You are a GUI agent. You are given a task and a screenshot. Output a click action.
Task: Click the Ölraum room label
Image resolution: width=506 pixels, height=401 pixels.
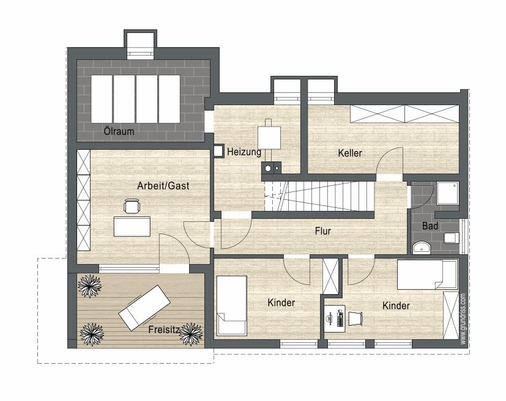(119, 131)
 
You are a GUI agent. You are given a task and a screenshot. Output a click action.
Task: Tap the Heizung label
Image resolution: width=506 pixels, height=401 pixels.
(244, 152)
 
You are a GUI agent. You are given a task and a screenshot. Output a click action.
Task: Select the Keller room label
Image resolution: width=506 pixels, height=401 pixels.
(350, 153)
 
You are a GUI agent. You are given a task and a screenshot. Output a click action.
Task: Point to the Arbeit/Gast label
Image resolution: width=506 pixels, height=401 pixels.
(163, 186)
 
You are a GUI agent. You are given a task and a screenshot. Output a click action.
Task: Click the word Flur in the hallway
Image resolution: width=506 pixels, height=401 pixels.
(322, 231)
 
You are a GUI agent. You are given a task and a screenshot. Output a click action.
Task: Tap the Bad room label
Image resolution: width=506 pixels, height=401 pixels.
(430, 226)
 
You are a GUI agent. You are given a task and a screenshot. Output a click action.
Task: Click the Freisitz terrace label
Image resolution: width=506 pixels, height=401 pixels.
(164, 329)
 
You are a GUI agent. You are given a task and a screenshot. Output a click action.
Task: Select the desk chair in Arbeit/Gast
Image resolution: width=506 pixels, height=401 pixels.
(132, 206)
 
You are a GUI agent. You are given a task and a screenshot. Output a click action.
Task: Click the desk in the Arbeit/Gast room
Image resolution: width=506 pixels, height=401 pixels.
(132, 226)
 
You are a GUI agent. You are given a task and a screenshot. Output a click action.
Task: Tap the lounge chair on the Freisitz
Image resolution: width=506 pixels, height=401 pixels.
(144, 308)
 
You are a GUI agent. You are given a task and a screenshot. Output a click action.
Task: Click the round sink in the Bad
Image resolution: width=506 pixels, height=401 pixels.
(422, 247)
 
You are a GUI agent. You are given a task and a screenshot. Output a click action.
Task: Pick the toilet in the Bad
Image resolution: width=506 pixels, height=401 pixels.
(452, 238)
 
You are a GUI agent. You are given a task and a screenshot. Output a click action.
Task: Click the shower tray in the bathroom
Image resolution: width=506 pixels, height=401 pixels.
(448, 193)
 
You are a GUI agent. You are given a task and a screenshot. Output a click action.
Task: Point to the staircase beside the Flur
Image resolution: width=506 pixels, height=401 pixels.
(319, 196)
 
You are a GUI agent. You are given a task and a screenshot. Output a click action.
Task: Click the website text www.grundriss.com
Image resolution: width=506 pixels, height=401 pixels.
(463, 318)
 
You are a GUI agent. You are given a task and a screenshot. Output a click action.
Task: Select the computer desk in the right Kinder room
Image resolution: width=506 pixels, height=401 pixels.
(335, 318)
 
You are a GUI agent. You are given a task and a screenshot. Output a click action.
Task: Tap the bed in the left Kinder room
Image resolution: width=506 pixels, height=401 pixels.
(232, 306)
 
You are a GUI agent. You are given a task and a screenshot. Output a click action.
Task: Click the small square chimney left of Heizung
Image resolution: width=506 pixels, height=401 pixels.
(218, 151)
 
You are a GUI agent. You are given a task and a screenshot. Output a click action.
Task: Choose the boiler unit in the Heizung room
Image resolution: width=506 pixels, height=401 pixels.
(269, 138)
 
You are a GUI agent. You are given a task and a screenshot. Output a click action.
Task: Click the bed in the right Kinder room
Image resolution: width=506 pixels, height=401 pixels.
(428, 274)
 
